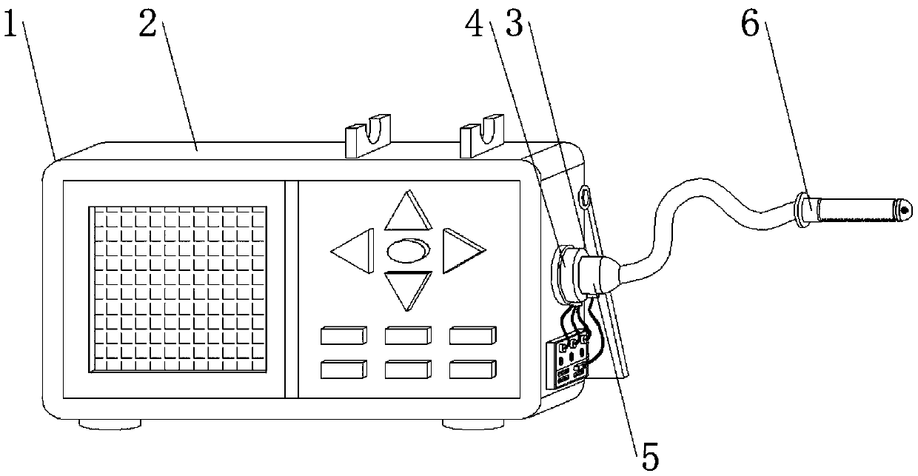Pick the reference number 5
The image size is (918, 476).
(x=649, y=454)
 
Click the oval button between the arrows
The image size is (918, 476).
(x=407, y=249)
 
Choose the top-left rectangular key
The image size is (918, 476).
(x=344, y=336)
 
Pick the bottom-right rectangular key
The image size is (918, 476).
(x=472, y=368)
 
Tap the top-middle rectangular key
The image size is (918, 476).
(x=408, y=336)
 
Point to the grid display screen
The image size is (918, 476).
(x=178, y=289)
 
